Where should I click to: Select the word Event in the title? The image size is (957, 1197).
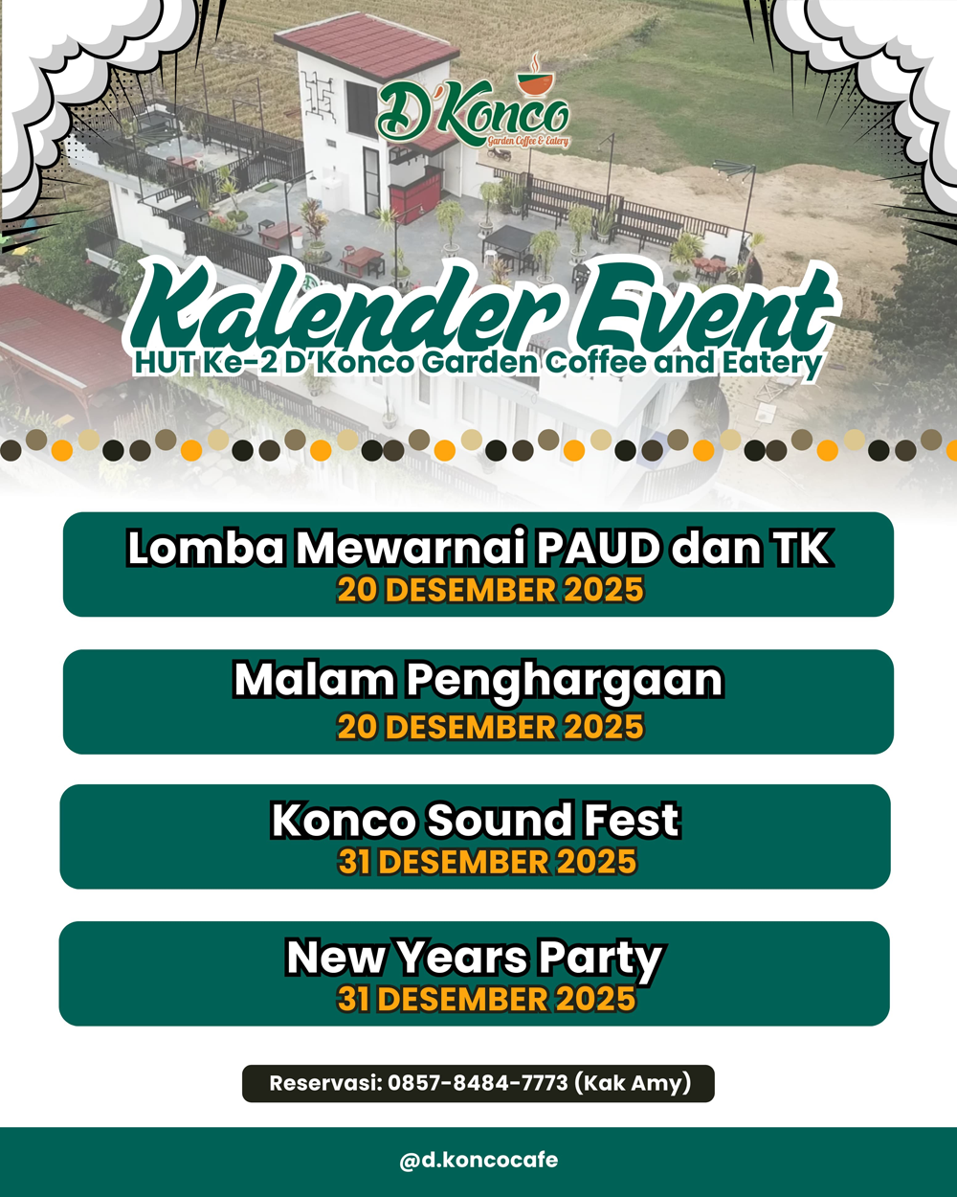click(704, 308)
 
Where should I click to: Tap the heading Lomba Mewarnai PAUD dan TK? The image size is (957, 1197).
click(478, 549)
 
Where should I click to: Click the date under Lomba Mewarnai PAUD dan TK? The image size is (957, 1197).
click(490, 590)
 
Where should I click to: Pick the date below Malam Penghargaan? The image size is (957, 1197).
click(490, 727)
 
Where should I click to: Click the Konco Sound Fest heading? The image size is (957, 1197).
click(476, 820)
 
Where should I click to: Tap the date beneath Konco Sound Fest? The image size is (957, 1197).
click(488, 862)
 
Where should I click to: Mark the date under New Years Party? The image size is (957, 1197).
click(486, 999)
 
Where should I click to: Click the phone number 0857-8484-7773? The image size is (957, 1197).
click(478, 1083)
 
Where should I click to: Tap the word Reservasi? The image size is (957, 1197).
click(325, 1083)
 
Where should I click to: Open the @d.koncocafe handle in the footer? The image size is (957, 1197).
click(478, 1161)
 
